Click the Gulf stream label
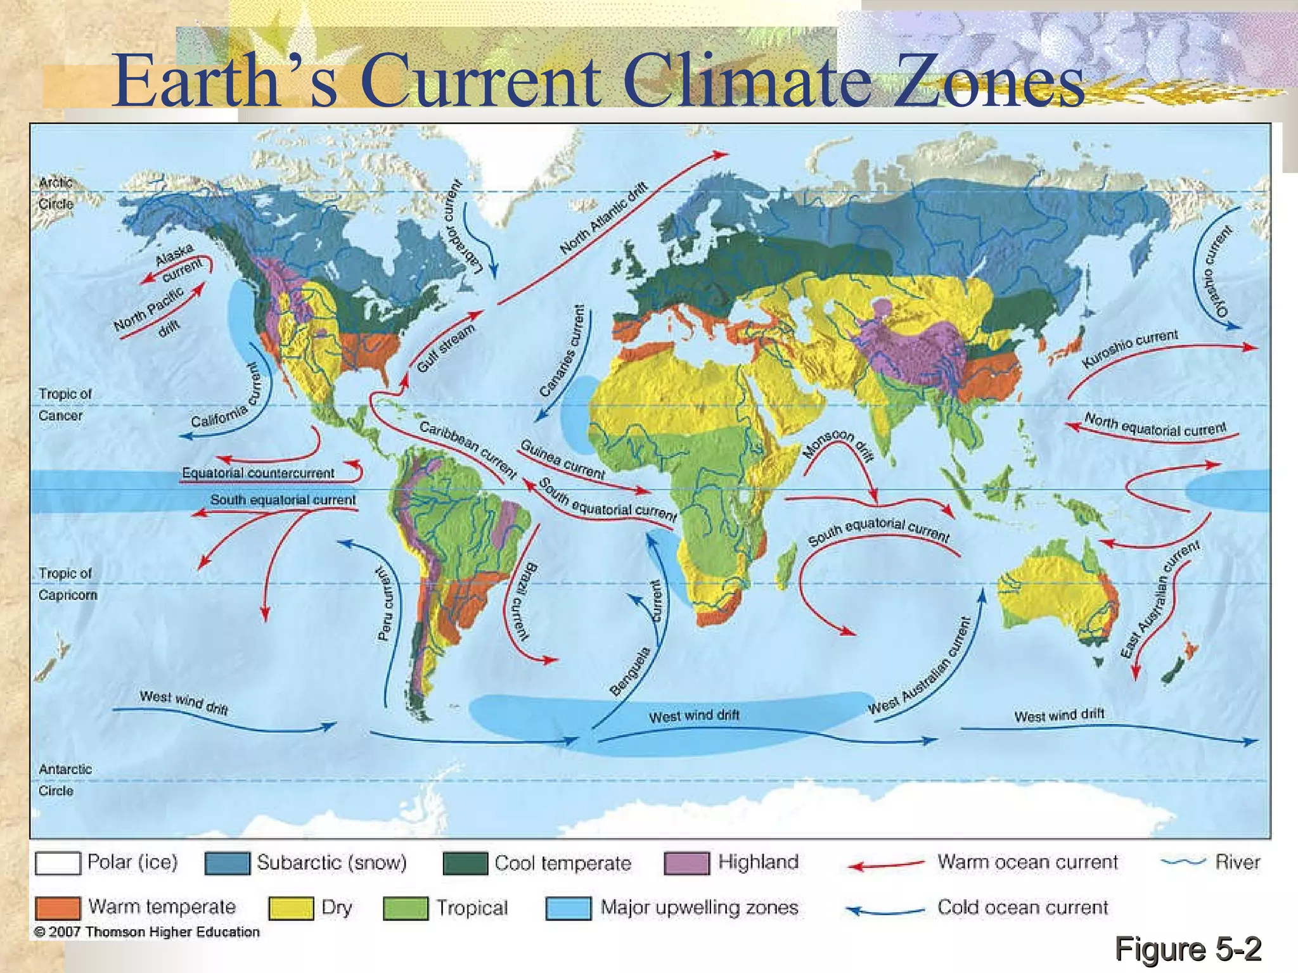click(x=446, y=348)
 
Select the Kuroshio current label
click(x=1130, y=348)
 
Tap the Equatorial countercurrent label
click(x=258, y=473)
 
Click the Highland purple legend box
click(x=686, y=863)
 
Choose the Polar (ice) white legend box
click(x=58, y=863)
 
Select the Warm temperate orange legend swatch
click(x=58, y=908)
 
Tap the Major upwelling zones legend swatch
click(x=569, y=908)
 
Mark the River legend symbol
click(x=1183, y=862)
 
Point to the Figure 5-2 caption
click(x=1188, y=949)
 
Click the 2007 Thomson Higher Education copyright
click(x=147, y=932)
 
